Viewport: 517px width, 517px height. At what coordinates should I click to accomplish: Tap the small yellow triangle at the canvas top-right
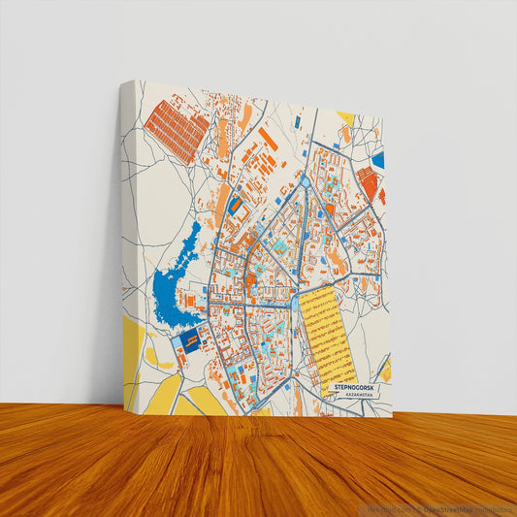[344, 117]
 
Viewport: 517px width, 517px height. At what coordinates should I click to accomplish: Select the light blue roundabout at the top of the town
[307, 180]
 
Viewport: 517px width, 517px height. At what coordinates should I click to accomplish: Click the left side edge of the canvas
[126, 252]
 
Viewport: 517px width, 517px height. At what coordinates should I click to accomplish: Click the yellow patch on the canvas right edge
[386, 370]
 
